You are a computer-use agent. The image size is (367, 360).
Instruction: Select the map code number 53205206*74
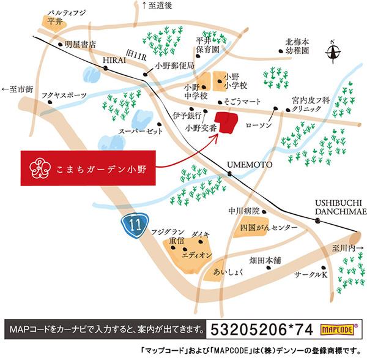[x=262, y=329]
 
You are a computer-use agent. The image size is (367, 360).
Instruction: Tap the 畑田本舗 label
[x=269, y=260]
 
